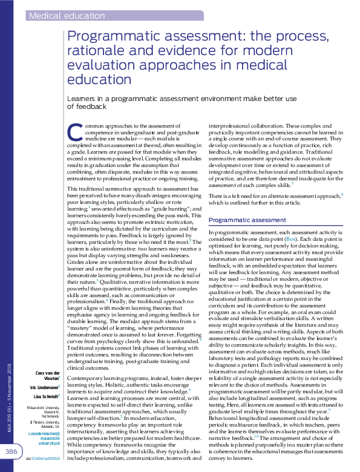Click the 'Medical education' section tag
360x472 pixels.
(x=67, y=16)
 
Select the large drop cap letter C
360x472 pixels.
(x=74, y=132)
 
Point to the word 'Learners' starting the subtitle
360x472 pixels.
(x=82, y=97)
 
